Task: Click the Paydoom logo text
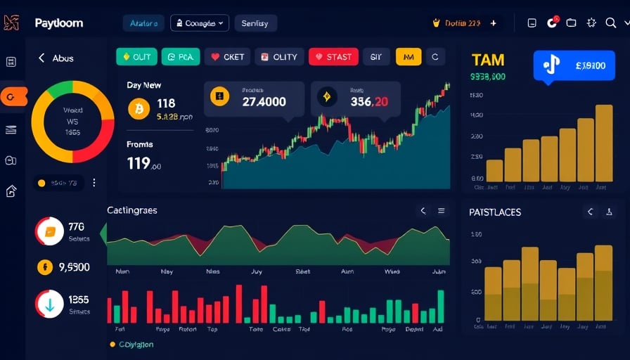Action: [x=58, y=23]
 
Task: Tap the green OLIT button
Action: [x=136, y=57]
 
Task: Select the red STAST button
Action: [x=333, y=57]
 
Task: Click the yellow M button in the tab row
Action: [x=409, y=57]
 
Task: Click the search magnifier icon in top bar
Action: [x=610, y=23]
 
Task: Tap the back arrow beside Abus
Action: [x=41, y=58]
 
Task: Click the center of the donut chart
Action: [x=72, y=121]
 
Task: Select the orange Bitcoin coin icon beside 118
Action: [x=139, y=108]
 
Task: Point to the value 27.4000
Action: [x=264, y=102]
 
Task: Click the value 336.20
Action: [x=368, y=102]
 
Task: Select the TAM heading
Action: [x=488, y=60]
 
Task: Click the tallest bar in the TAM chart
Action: [x=604, y=143]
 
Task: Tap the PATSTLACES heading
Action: [x=495, y=212]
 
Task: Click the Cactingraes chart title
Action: [x=132, y=210]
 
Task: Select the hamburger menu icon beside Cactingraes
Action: [x=442, y=211]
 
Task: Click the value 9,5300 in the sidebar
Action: [x=74, y=267]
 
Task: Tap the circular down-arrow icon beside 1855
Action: [x=49, y=304]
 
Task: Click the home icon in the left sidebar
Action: [x=11, y=191]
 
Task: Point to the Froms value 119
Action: [x=139, y=164]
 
